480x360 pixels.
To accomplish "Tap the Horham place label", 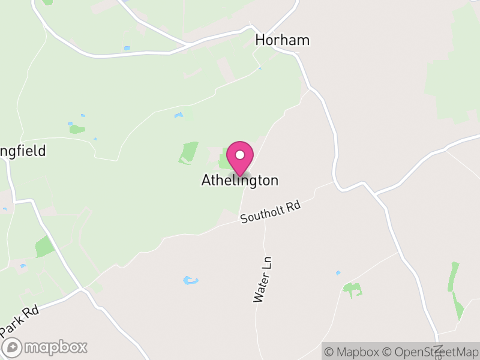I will pyautogui.click(x=282, y=40).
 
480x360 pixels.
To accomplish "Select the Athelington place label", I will pyautogui.click(x=240, y=180).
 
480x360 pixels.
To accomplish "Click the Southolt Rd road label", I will pyautogui.click(x=270, y=212).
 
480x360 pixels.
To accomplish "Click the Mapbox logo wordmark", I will pyautogui.click(x=55, y=347).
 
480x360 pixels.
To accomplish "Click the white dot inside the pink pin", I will pyautogui.click(x=239, y=155).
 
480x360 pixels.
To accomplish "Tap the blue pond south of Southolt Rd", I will pyautogui.click(x=190, y=280).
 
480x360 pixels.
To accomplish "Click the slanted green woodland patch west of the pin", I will pyautogui.click(x=188, y=152).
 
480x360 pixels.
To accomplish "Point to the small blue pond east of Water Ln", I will pyautogui.click(x=338, y=273).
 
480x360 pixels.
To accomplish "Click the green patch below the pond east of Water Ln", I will pyautogui.click(x=352, y=290).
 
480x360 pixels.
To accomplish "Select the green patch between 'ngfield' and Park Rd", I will pyautogui.click(x=44, y=246).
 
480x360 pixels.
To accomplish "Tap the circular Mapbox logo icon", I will pyautogui.click(x=13, y=347).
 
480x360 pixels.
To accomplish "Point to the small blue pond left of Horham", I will pyautogui.click(x=127, y=48).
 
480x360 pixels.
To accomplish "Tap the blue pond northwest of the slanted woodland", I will pyautogui.click(x=178, y=115).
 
